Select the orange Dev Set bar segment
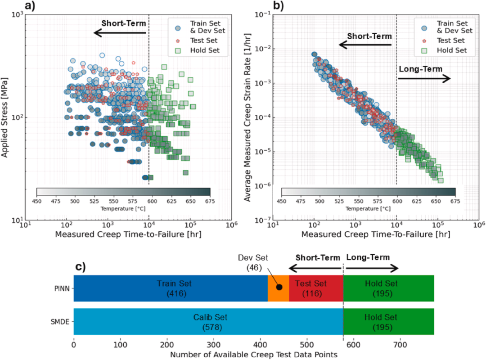pyautogui.click(x=278, y=288)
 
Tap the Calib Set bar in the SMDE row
pyautogui.click(x=208, y=321)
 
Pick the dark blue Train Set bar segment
pyautogui.click(x=171, y=288)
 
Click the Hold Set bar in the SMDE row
pyautogui.click(x=388, y=321)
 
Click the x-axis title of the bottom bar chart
pyautogui.click(x=253, y=355)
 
